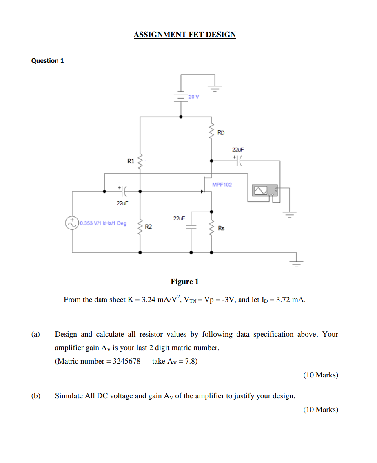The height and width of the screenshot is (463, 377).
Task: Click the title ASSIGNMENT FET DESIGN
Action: tap(185, 35)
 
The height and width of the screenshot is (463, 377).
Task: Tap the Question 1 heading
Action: tap(48, 61)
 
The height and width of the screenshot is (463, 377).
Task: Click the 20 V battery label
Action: tap(194, 97)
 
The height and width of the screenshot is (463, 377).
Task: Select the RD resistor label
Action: tap(221, 132)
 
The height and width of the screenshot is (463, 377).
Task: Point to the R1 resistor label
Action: tap(131, 161)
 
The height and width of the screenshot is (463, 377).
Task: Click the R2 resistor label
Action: tap(149, 227)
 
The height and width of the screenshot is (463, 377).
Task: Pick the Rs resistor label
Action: tap(221, 228)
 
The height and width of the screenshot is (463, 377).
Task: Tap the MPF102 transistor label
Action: tap(222, 185)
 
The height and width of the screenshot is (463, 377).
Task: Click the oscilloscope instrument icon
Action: tap(265, 190)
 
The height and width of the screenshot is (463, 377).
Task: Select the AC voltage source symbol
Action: tap(72, 223)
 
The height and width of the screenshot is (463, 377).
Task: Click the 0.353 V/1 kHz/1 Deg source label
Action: tap(103, 223)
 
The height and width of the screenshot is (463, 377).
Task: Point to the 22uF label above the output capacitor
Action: tap(238, 150)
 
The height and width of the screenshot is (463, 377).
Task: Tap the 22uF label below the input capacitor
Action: tap(122, 203)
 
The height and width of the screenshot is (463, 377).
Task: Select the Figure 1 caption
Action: tap(184, 281)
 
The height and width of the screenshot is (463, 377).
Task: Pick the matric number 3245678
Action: tap(126, 361)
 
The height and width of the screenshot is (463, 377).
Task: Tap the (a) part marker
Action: tap(35, 334)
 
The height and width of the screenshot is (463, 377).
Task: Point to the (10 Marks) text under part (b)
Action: tap(321, 410)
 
